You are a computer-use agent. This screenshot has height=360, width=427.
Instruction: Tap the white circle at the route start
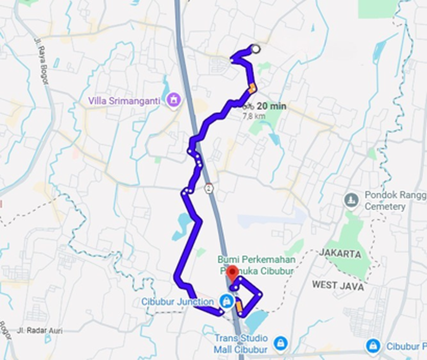coord(256,49)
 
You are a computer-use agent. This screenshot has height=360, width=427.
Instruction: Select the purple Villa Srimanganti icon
coord(173,99)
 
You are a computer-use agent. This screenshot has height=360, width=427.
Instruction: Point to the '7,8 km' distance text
coord(254,115)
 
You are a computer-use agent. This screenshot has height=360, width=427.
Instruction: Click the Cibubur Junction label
coord(178,301)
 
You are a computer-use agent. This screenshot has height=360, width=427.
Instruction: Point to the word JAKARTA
coord(340,254)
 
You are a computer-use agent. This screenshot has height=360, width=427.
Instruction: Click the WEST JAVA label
coord(339,286)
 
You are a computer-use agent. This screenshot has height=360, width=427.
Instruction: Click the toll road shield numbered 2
coord(209,188)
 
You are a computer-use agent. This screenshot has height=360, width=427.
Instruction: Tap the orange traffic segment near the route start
coord(252,88)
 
